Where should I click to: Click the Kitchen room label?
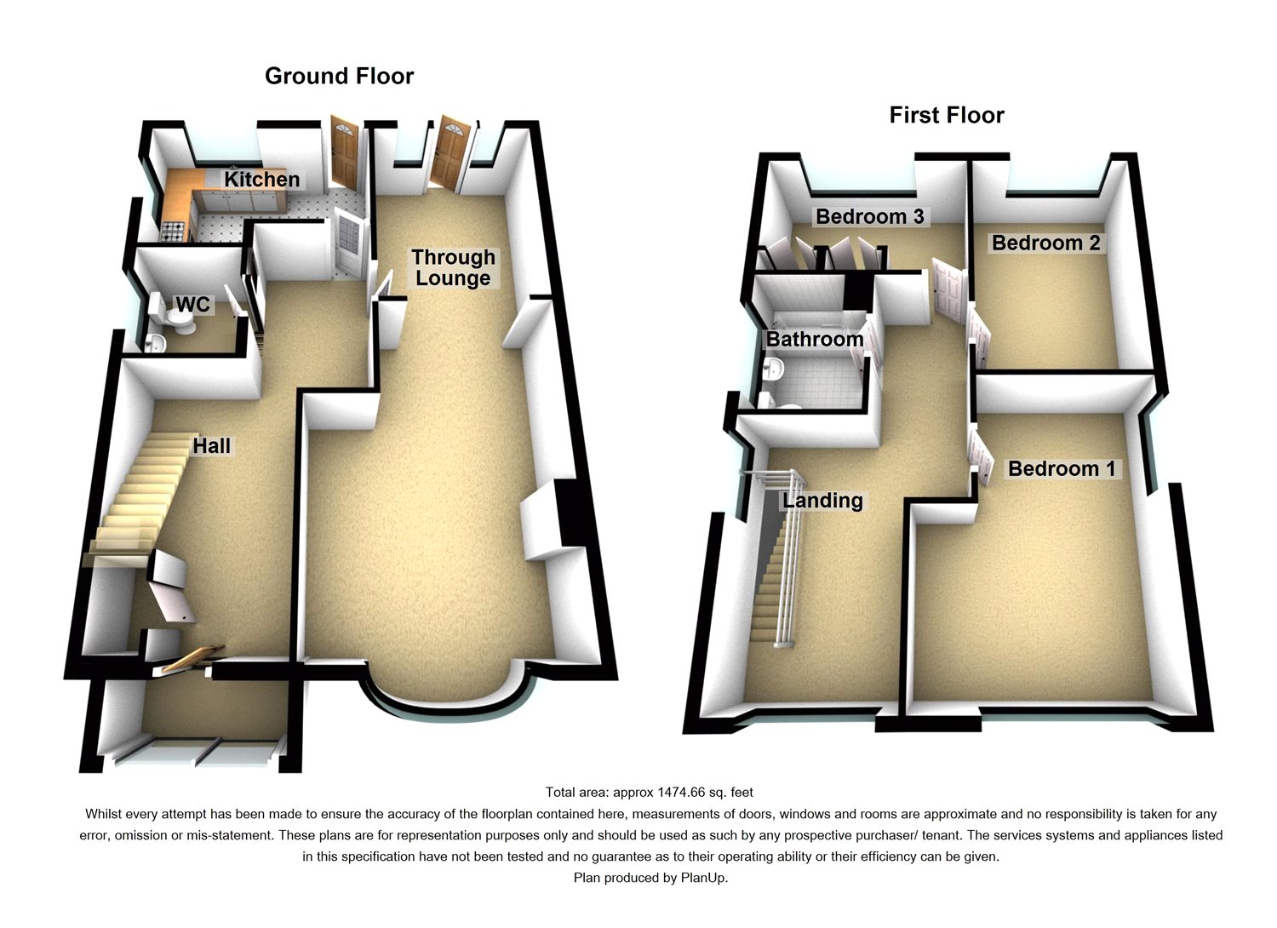[x=261, y=180]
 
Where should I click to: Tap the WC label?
[x=192, y=305]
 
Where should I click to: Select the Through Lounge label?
[x=453, y=267]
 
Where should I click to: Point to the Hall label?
[x=211, y=446]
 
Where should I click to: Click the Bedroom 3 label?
[x=869, y=216]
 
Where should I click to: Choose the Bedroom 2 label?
[x=1045, y=243]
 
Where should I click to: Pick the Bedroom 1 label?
[x=1062, y=468]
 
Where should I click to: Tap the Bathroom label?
[x=814, y=339]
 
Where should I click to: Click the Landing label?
[x=822, y=501]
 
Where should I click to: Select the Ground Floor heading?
[x=339, y=76]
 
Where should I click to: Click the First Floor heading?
[x=947, y=115]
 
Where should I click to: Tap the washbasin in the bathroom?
[x=774, y=369]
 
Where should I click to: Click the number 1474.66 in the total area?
[x=680, y=793]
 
